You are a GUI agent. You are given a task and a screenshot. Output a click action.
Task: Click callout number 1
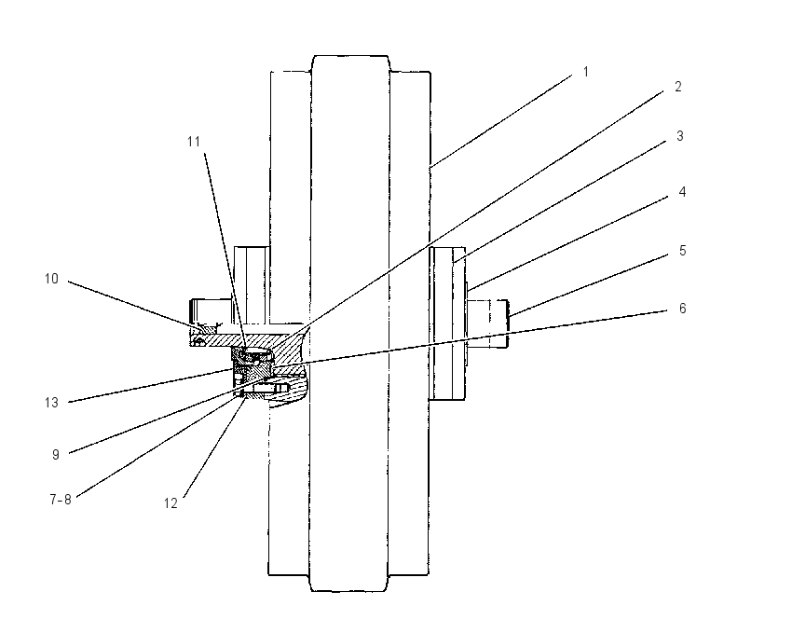point(586,72)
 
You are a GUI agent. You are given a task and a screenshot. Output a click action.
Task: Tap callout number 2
point(678,87)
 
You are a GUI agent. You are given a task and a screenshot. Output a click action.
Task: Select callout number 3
point(680,136)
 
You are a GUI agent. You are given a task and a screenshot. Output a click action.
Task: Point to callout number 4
point(682,192)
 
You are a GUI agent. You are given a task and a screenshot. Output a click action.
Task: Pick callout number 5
point(682,251)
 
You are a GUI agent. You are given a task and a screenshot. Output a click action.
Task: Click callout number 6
point(682,309)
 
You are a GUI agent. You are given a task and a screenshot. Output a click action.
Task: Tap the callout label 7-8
point(61,500)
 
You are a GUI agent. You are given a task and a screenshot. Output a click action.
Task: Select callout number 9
point(56,455)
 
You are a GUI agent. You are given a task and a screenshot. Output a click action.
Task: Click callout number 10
point(51,279)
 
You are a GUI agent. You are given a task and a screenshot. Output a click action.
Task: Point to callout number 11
point(194,142)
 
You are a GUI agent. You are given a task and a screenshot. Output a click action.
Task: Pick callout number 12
point(171,503)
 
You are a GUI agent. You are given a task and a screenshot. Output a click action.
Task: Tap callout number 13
point(51,403)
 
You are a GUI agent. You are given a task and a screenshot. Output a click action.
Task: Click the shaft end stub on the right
point(487,323)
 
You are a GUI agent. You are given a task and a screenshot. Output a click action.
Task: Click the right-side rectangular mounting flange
point(447,323)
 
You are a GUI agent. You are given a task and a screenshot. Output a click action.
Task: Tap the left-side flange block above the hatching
point(252,285)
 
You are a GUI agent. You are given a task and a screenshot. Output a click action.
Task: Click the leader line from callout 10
point(134,304)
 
